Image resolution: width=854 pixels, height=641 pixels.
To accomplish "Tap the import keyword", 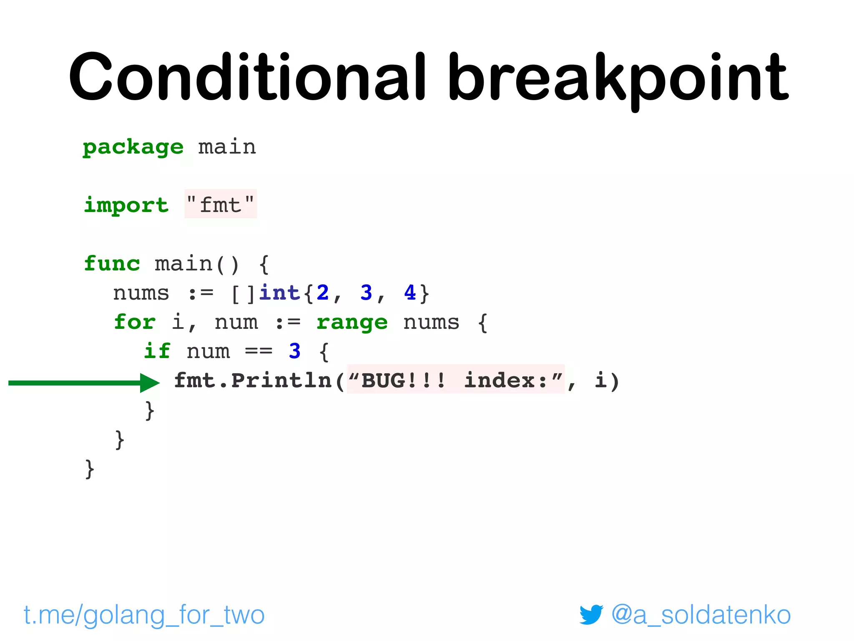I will pos(126,205).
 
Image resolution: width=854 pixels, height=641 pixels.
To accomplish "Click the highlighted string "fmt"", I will pos(221,204).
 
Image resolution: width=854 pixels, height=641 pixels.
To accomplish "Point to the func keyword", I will pos(112,264).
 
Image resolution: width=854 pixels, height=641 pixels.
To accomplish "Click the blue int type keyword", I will pos(279,293).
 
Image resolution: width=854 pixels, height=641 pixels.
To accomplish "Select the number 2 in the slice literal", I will pos(322,293).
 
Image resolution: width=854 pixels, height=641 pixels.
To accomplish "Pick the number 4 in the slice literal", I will pos(410,293).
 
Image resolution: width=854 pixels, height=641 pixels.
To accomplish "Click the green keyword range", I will pos(352,322).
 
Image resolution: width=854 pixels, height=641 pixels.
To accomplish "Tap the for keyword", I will pos(135,322).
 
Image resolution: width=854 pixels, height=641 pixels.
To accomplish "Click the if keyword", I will pos(157,351).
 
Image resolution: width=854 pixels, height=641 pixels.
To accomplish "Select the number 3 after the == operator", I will pos(294,351).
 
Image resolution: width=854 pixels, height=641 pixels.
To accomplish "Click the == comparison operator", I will pos(259,351).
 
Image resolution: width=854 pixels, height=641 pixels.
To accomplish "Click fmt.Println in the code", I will pos(252,381).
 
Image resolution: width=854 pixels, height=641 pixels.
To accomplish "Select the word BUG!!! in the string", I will pos(403,381).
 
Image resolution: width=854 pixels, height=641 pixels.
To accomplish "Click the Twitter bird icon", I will pos(591,614).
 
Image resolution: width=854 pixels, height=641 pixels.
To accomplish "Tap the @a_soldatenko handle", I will pos(701,615).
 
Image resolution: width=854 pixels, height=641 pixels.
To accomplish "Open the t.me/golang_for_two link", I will pos(144,615).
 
